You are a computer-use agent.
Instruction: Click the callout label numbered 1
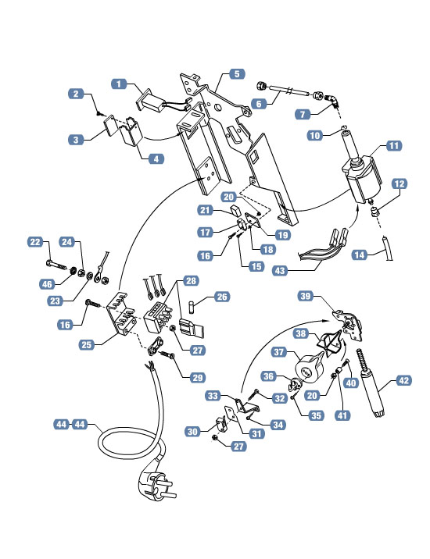(119, 83)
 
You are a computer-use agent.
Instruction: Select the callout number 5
(237, 75)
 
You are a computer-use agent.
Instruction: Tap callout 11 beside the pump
(392, 146)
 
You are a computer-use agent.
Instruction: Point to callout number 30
(192, 432)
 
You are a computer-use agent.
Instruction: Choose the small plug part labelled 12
(374, 211)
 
